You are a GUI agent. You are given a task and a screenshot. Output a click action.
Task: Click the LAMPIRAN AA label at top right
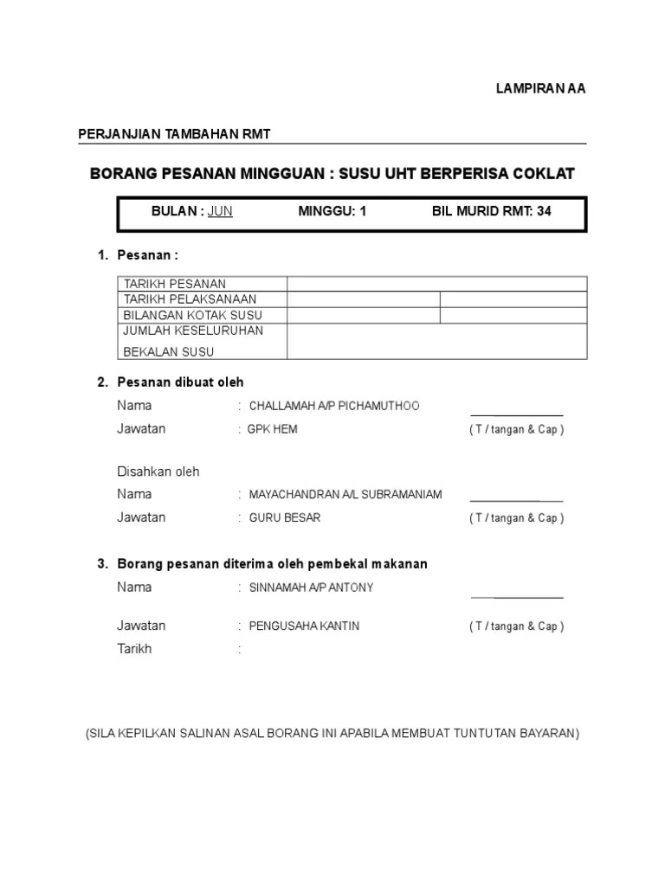coord(540,88)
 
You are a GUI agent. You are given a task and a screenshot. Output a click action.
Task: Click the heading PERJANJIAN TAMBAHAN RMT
coord(175,133)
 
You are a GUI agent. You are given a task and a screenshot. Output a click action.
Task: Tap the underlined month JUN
coord(220,211)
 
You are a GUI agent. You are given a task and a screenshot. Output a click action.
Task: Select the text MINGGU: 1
coord(332,211)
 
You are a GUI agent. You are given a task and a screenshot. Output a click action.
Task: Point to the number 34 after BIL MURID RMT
coord(544,211)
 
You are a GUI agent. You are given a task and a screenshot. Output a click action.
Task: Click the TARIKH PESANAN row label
coord(175,284)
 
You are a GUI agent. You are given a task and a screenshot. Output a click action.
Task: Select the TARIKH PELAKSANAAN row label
coord(190,299)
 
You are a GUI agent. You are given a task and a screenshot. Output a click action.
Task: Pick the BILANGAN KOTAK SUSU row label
coord(193,315)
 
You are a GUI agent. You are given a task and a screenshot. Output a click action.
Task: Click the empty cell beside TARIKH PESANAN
coord(437,284)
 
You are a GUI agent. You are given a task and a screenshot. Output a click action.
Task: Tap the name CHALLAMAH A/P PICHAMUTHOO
coord(334,406)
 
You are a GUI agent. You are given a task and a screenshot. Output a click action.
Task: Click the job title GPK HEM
coord(273,429)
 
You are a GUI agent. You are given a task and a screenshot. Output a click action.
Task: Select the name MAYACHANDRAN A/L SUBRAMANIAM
coord(345,495)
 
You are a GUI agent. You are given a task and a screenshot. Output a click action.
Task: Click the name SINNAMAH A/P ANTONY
coord(312,587)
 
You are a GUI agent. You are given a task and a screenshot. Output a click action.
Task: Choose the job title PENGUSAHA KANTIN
coord(304,626)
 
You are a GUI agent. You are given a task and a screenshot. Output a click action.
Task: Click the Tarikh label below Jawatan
coord(134,649)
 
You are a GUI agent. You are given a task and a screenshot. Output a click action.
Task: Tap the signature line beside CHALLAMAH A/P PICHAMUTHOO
coord(516,415)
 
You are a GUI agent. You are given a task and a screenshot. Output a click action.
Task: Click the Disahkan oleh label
coord(158,472)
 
